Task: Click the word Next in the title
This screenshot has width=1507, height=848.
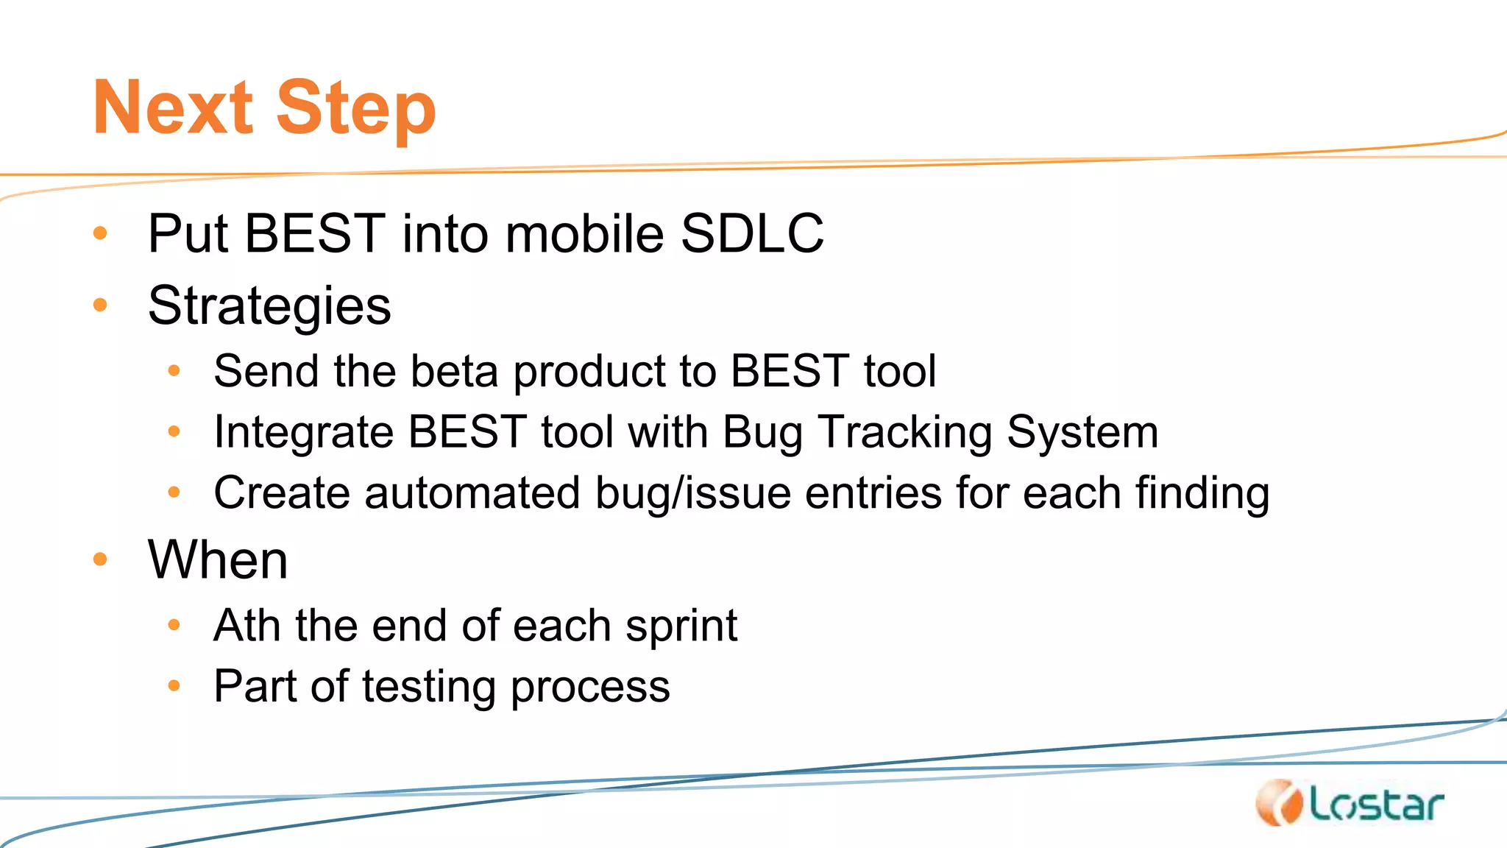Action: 173,108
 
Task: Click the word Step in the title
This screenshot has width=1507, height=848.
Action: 356,110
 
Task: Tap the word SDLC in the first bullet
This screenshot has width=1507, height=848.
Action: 751,234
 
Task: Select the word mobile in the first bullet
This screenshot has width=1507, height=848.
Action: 584,234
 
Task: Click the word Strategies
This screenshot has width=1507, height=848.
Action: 269,306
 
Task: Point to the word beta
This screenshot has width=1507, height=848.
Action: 454,371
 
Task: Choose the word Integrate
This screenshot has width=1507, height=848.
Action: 304,433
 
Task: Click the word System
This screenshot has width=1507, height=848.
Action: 1082,433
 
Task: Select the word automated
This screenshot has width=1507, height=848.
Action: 472,493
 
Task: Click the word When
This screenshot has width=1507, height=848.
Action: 218,560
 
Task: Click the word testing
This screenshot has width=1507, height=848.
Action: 429,688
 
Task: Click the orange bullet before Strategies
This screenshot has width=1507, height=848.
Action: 101,305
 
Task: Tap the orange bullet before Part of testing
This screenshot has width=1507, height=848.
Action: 174,686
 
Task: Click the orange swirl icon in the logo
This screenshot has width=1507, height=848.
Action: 1279,803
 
